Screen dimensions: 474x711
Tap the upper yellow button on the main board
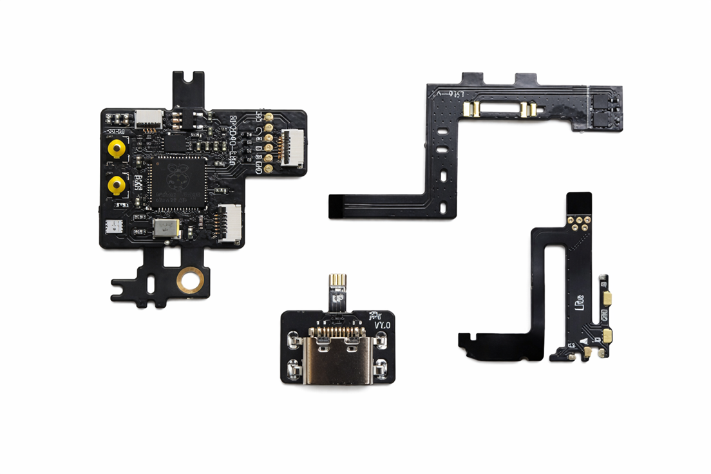[x=117, y=149]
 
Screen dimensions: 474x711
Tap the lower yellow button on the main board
[x=117, y=186]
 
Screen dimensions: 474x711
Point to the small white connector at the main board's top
[x=149, y=117]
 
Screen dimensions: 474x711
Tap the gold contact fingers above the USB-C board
[x=338, y=283]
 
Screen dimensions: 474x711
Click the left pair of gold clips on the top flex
[x=473, y=109]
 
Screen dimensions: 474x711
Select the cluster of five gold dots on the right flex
[x=579, y=222]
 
